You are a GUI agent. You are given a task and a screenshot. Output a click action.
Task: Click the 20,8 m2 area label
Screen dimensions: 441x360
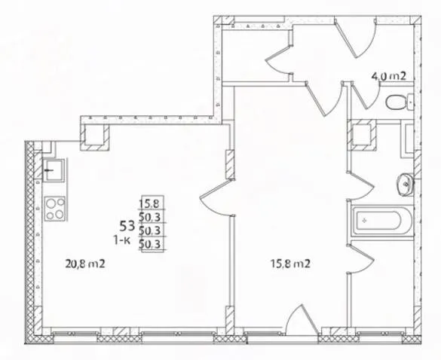pos(85,264)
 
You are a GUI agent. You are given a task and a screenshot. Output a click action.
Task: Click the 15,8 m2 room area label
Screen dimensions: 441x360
pos(290,264)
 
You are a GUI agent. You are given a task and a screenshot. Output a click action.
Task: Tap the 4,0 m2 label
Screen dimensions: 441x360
pos(389,76)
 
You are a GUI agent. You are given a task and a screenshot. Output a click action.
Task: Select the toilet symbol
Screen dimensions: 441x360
pos(400,102)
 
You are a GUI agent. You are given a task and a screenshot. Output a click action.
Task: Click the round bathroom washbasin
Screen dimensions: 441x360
pos(405,185)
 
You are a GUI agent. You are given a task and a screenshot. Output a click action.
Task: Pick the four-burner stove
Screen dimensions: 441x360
pos(55,209)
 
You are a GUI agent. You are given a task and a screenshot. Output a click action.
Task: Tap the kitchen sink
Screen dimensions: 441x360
pos(54,170)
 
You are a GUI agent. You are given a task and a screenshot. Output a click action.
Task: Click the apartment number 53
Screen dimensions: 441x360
pos(128,225)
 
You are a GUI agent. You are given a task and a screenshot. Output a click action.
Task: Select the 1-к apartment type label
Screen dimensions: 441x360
pos(122,240)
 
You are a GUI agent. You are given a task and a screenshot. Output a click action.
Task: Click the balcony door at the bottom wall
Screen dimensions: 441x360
pos(302,320)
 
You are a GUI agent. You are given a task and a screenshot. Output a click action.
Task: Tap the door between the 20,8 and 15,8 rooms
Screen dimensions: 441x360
pos(216,197)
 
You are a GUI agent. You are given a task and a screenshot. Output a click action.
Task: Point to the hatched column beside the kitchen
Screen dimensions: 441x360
pos(94,137)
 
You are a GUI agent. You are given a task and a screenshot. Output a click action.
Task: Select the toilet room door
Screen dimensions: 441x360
pos(363,95)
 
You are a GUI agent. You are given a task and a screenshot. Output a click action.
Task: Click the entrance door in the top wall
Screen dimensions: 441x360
pos(355,37)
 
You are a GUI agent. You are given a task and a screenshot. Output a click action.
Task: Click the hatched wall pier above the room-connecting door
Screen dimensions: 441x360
pos(231,164)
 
